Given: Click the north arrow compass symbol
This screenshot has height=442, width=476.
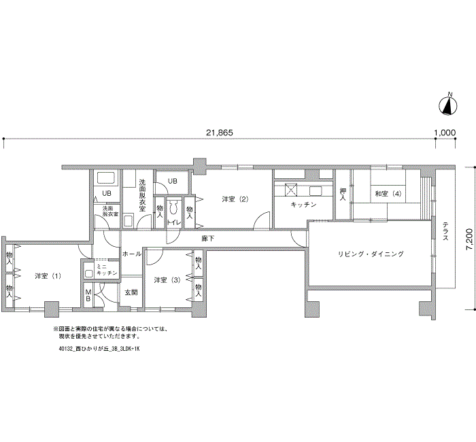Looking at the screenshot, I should pyautogui.click(x=448, y=105).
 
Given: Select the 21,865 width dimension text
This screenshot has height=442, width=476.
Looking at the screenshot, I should pyautogui.click(x=219, y=133).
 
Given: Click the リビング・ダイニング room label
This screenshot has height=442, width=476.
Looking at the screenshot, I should pyautogui.click(x=371, y=254).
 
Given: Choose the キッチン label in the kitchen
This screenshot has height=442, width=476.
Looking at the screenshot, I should pyautogui.click(x=303, y=205).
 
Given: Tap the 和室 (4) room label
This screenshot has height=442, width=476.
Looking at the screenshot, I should pyautogui.click(x=388, y=194).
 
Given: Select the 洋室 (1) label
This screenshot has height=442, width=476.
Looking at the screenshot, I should pyautogui.click(x=48, y=275).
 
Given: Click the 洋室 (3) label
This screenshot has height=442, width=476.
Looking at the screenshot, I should pyautogui.click(x=167, y=280).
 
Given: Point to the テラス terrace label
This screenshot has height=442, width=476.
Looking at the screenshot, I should pyautogui.click(x=444, y=232).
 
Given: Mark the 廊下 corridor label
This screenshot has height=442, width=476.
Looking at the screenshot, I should pyautogui.click(x=208, y=239).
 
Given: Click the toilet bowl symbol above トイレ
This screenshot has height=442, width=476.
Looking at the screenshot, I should pyautogui.click(x=173, y=207).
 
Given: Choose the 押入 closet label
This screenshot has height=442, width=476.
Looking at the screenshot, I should pyautogui.click(x=343, y=194).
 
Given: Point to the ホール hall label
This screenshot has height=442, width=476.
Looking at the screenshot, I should pyautogui.click(x=131, y=254).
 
